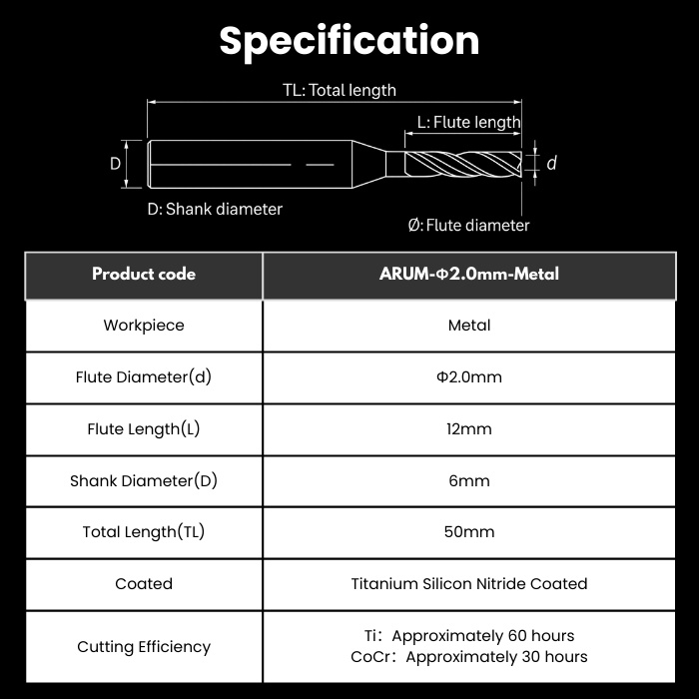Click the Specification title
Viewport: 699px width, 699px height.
coord(349,42)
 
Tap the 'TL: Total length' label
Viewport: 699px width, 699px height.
coord(340,90)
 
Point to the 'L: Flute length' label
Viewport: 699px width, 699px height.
coord(468,122)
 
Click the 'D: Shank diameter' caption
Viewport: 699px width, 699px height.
coord(215,209)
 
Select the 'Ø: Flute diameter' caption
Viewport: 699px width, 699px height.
coord(468,225)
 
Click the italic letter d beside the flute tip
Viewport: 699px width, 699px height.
coord(551,163)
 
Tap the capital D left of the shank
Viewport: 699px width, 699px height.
coord(115,164)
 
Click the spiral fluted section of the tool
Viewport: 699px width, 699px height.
coord(463,164)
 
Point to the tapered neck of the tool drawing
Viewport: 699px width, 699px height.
coord(369,164)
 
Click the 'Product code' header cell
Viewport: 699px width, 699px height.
coord(144,275)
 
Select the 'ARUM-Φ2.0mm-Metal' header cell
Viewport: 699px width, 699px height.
coord(469,275)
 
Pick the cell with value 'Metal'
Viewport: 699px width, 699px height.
coord(469,326)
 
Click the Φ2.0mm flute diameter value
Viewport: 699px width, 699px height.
coord(469,377)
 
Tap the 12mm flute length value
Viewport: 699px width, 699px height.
coord(469,428)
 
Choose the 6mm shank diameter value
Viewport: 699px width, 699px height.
coord(469,480)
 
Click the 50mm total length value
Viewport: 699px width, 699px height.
coord(469,532)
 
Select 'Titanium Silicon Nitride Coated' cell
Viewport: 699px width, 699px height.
coord(469,584)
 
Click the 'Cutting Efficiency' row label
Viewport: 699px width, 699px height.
coord(144,647)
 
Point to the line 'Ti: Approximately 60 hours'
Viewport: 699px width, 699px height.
coord(469,636)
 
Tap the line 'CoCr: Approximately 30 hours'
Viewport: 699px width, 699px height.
coord(469,657)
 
